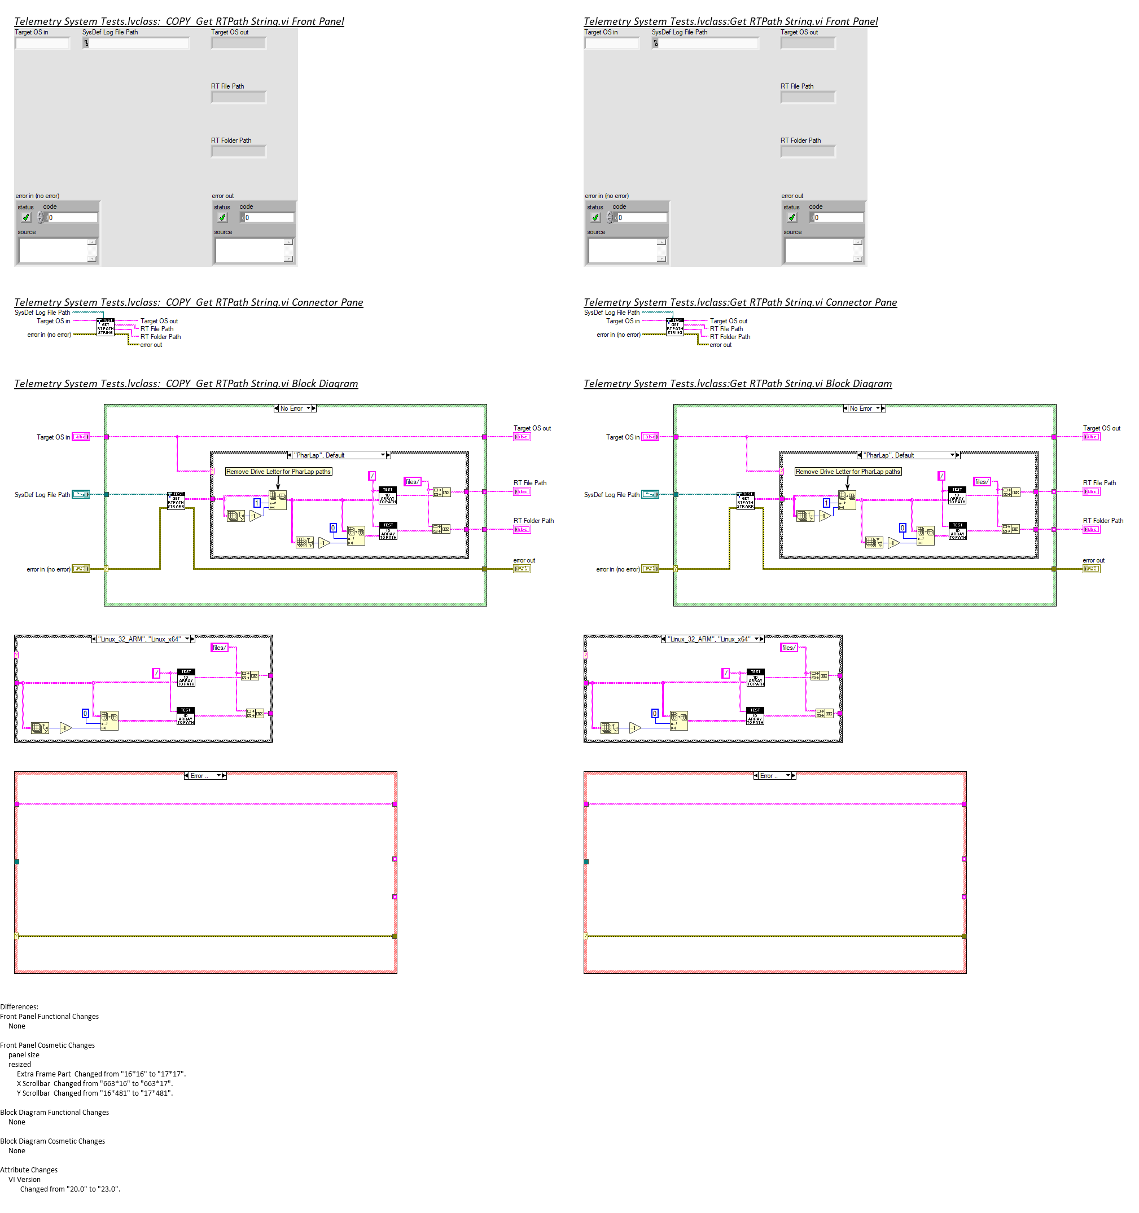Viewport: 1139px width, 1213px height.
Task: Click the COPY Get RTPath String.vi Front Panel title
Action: [179, 21]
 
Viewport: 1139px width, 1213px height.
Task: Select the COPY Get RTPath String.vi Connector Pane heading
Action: [188, 302]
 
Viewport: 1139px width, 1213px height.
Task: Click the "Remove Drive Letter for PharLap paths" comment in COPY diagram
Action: [278, 472]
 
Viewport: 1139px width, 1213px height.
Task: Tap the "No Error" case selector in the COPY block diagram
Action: [295, 408]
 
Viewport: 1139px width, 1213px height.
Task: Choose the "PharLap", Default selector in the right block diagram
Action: [908, 455]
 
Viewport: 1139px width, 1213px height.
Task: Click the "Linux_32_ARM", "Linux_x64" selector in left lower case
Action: [143, 639]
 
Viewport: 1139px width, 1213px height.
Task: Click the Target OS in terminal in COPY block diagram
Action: [81, 437]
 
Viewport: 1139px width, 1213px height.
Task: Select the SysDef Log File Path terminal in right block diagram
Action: [650, 494]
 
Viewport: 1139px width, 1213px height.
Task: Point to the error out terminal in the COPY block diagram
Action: [522, 569]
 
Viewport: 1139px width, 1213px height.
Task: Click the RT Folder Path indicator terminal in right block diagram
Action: [1092, 529]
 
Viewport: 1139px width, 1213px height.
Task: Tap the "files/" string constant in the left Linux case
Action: [219, 647]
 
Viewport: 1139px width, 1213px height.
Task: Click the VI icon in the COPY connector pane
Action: [106, 327]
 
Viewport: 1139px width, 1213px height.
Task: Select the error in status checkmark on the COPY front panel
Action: [25, 217]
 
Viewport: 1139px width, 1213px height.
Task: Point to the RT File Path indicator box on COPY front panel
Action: [238, 97]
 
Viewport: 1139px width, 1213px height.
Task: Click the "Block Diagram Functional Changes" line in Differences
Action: [54, 1113]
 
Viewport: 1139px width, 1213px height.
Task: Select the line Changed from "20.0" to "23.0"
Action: [70, 1189]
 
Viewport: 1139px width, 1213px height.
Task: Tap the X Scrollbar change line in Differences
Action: [95, 1084]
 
